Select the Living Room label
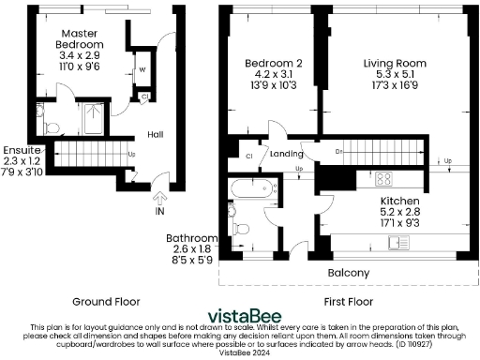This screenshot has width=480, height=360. pyautogui.click(x=391, y=64)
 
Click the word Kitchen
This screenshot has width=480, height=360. pyautogui.click(x=400, y=202)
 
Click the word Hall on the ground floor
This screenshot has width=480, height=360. pyautogui.click(x=157, y=134)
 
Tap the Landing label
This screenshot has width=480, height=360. pyautogui.click(x=287, y=154)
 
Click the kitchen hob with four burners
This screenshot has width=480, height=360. pyautogui.click(x=383, y=177)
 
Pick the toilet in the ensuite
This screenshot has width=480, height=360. pyautogui.click(x=52, y=127)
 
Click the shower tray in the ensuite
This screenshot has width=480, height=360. pyautogui.click(x=94, y=121)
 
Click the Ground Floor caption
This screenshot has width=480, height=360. pyautogui.click(x=106, y=302)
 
